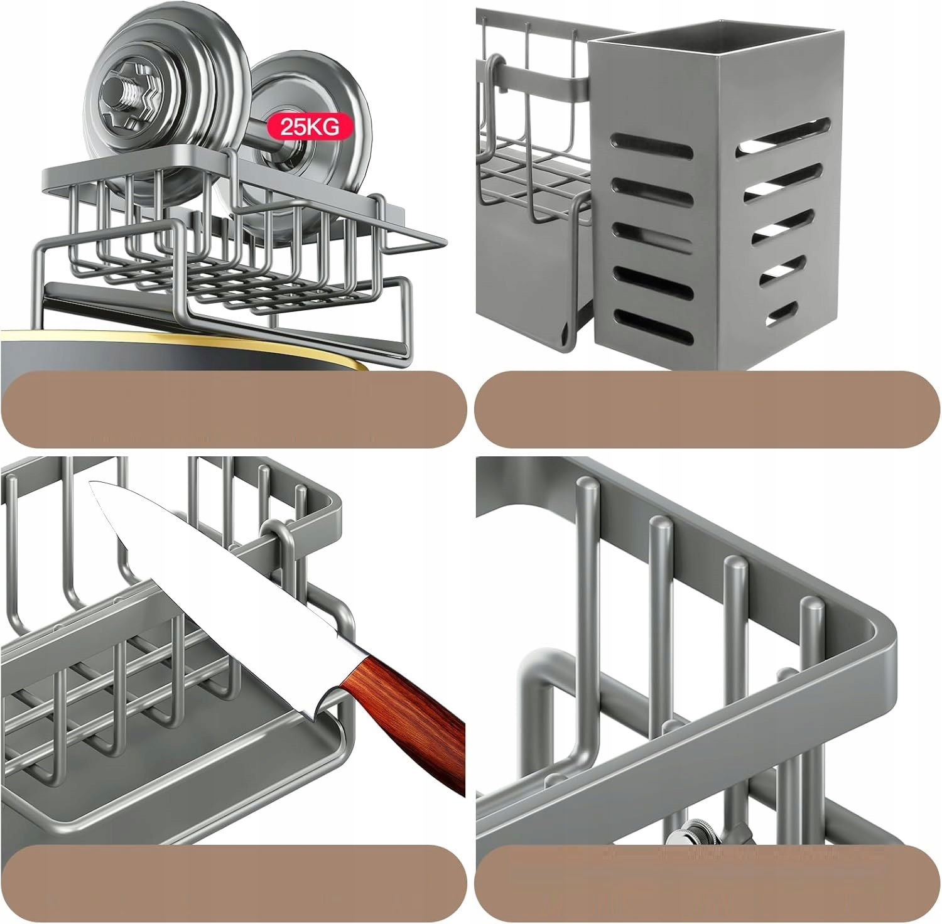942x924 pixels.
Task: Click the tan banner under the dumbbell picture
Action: [233, 409]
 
